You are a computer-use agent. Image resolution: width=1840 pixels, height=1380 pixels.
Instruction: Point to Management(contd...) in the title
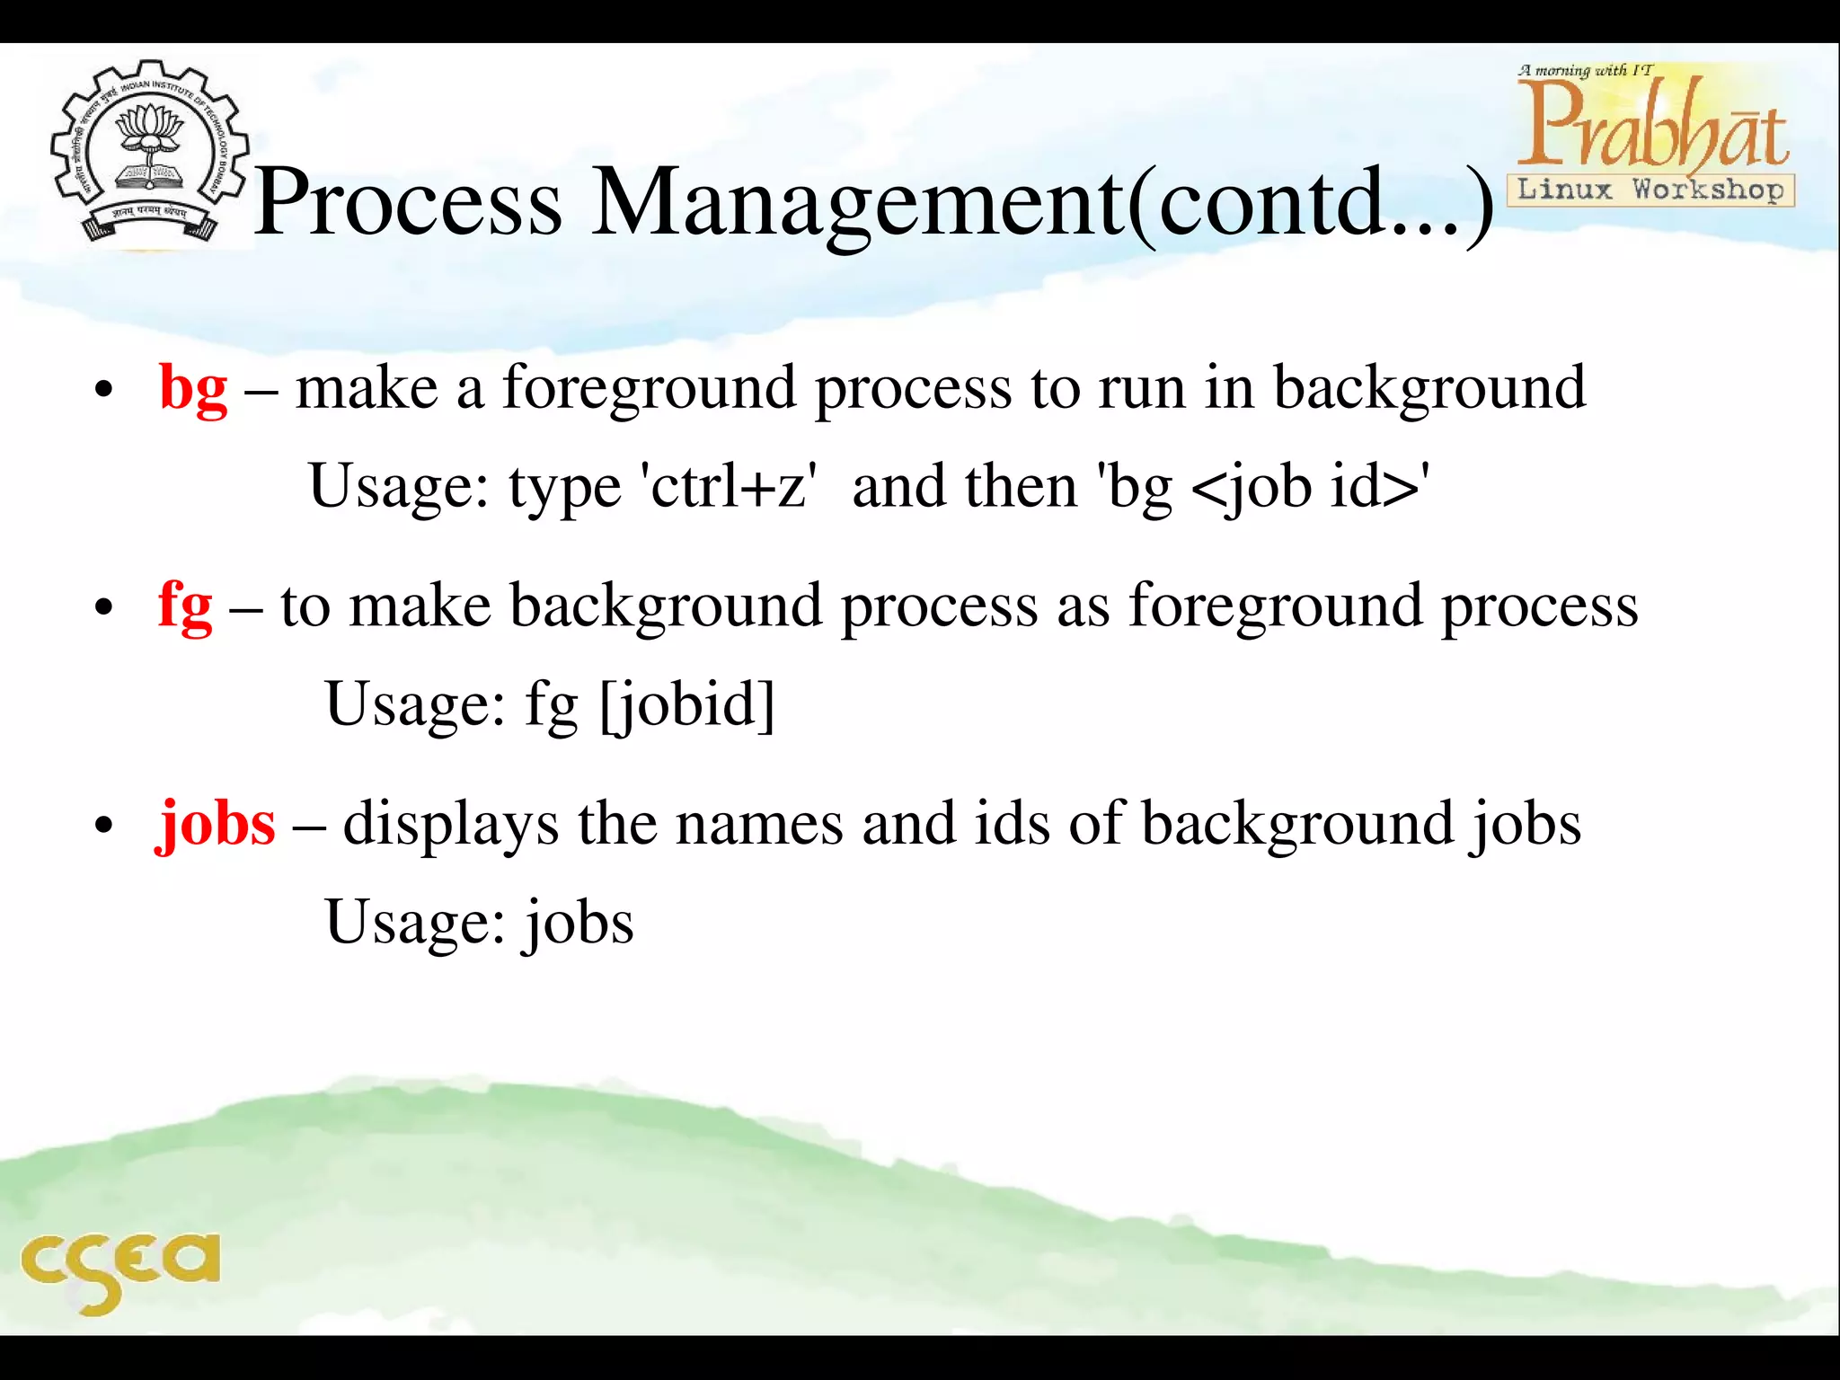(x=1042, y=205)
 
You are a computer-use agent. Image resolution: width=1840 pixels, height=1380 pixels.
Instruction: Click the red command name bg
(x=193, y=389)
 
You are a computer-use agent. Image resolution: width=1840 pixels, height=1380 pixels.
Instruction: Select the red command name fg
(x=185, y=606)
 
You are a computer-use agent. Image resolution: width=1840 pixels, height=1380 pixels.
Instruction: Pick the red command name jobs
(x=217, y=824)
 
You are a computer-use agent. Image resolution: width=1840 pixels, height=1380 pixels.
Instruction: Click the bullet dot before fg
(x=104, y=608)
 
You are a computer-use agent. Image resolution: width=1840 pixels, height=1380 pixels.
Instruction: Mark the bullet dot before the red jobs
(x=104, y=826)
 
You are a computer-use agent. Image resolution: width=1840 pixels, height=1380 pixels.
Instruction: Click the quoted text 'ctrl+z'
(x=729, y=487)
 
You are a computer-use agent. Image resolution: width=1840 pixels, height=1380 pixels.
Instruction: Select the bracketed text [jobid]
(x=687, y=704)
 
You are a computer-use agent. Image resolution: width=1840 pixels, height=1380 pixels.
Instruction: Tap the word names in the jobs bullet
(x=759, y=824)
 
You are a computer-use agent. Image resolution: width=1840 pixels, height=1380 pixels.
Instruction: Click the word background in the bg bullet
(x=1429, y=389)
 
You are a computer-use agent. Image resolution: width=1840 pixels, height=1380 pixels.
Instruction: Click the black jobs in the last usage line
(x=579, y=924)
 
